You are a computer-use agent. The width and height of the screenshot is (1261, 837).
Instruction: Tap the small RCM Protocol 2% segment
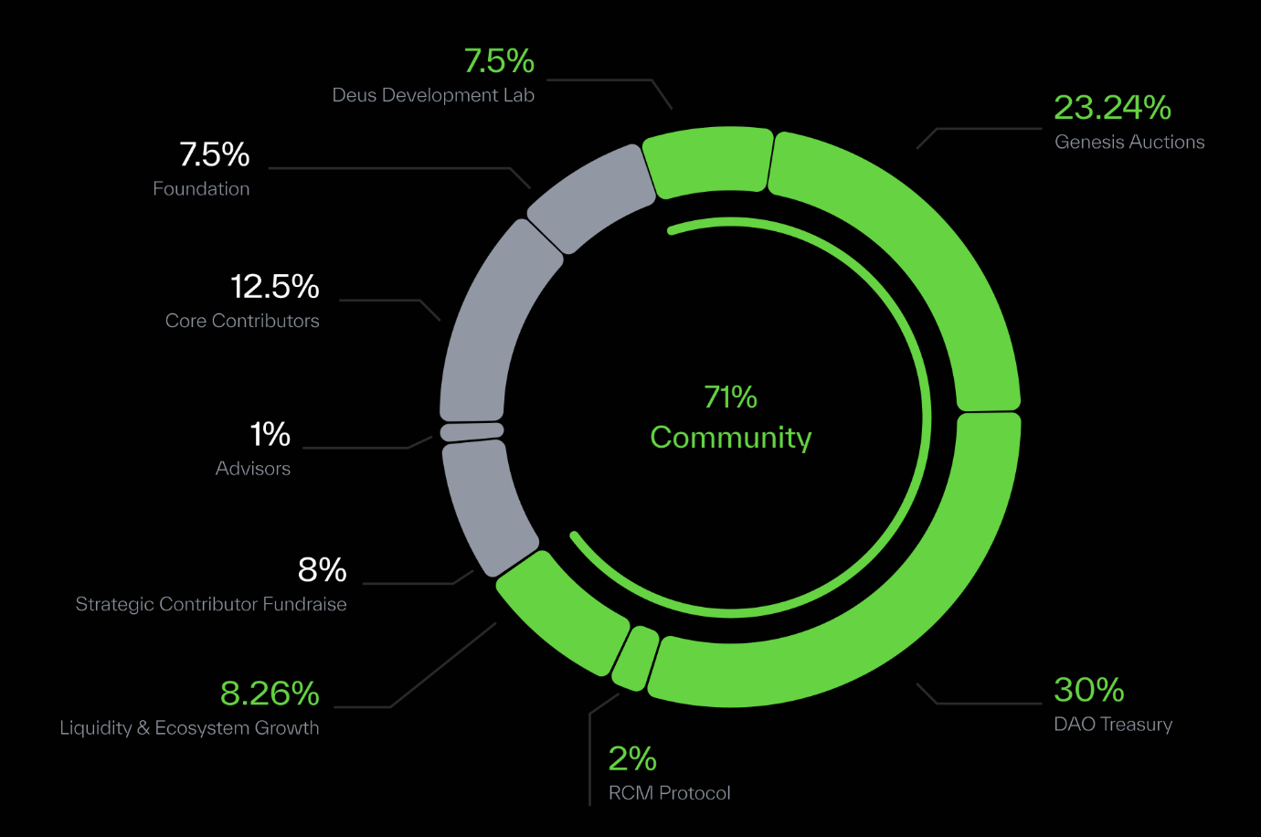point(635,658)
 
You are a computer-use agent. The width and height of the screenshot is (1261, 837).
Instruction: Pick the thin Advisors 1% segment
point(472,431)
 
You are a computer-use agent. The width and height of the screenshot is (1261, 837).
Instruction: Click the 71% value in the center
point(731,397)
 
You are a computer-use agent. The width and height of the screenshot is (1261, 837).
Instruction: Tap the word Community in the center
point(731,438)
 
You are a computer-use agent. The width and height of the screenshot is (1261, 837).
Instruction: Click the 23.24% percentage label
point(1112,107)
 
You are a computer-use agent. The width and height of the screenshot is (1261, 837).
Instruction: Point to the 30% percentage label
point(1088,689)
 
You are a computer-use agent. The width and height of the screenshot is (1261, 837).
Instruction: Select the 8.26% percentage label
point(270,694)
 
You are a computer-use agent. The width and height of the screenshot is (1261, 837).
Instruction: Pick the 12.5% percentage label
point(274,287)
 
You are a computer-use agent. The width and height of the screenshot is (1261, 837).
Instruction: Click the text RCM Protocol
point(670,793)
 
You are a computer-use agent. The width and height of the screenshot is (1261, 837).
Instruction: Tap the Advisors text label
point(253,469)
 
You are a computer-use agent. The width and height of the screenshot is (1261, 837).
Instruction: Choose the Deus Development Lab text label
point(433,95)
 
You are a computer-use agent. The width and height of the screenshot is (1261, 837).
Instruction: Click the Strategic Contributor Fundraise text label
point(211,604)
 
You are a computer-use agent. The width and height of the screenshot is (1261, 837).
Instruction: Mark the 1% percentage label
point(270,434)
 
